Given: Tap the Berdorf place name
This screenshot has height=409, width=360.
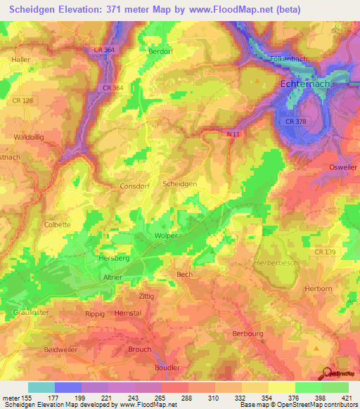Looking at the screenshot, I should click(160, 51).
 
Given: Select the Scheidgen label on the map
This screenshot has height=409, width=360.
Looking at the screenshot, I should click(179, 183).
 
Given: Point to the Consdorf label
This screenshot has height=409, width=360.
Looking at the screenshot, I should click(135, 186).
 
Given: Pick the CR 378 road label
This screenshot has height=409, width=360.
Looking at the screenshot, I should click(296, 122).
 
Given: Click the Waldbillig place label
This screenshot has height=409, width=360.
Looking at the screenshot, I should click(29, 138).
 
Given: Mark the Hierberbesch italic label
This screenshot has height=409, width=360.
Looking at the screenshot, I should click(271, 261).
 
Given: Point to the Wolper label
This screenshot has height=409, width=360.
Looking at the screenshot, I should click(166, 236).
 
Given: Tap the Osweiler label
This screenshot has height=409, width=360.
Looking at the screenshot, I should click(344, 167).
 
